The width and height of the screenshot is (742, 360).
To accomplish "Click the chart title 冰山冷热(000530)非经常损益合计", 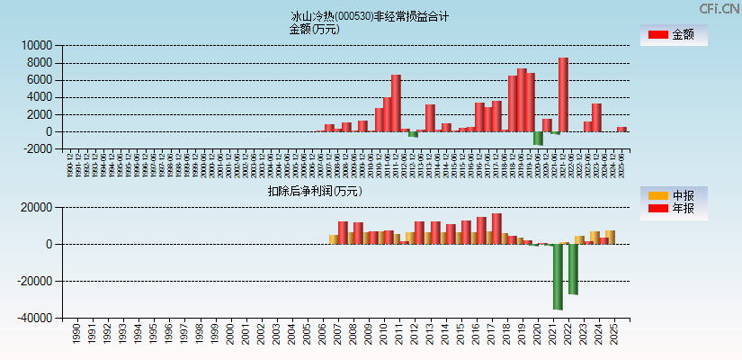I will tap(370, 16).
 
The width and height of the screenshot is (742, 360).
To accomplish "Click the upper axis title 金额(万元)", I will tap(314, 29).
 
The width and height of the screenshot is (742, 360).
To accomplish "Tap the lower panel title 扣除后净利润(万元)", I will tap(314, 191).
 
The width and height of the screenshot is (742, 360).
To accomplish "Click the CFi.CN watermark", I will tap(720, 8).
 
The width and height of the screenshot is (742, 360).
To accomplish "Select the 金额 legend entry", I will tap(674, 35).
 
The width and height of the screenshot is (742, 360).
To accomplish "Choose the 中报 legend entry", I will tap(674, 195).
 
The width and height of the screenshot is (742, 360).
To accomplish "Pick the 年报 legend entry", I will tap(674, 209).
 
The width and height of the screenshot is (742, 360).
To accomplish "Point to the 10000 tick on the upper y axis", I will tap(37, 45).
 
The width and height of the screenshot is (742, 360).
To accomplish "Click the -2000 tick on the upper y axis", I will tap(39, 149).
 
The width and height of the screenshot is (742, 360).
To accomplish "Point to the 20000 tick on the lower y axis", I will tap(37, 208).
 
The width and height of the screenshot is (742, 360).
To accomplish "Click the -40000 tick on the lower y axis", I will tap(35, 319).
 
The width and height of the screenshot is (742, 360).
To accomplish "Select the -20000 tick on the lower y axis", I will tap(35, 282).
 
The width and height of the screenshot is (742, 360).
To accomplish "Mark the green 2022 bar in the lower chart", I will tap(573, 269).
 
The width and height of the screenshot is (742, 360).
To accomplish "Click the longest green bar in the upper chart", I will tap(538, 138).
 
